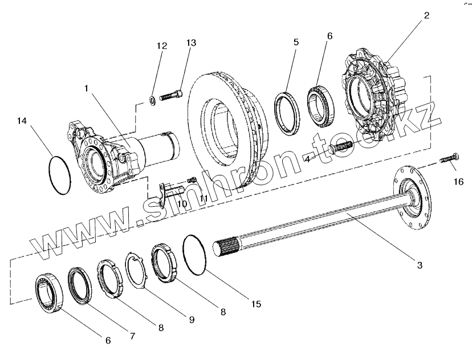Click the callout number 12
point(162,46)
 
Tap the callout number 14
point(22,121)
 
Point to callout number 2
point(426,16)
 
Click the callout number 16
point(459,182)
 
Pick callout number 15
point(257,304)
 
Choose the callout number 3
point(419,265)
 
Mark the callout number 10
point(181,203)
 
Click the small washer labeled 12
point(153,101)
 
